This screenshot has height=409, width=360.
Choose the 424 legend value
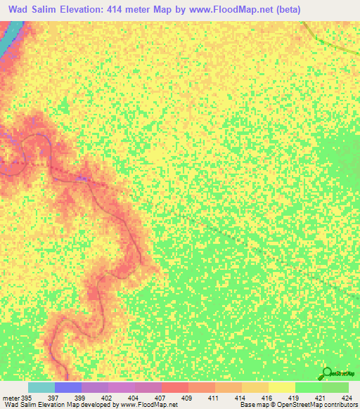tap(347, 398)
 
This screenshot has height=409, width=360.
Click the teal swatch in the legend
tap(41, 387)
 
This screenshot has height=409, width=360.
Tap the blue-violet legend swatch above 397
tap(68, 387)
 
